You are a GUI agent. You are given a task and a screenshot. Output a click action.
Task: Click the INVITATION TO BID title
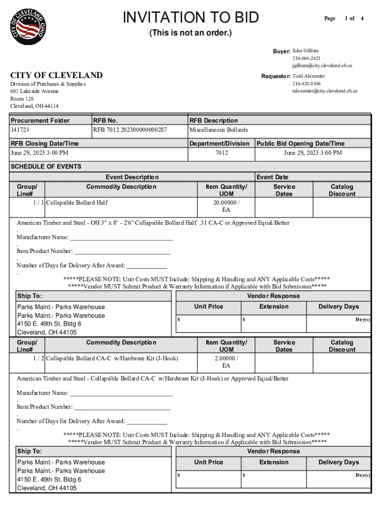click(190, 18)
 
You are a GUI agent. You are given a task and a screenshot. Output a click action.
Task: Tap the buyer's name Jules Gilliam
click(305, 51)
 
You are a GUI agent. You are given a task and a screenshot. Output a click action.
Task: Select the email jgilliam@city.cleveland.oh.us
click(322, 65)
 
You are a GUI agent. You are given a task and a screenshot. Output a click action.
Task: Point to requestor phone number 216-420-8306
click(306, 84)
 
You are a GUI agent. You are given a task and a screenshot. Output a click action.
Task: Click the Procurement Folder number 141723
click(20, 130)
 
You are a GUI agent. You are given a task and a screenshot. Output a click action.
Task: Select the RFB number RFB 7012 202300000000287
click(130, 130)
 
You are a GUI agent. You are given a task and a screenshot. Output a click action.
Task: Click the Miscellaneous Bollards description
click(219, 130)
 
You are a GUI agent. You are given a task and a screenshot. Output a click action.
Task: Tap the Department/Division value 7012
click(222, 153)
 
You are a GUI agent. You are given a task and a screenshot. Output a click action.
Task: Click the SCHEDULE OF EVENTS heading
click(46, 167)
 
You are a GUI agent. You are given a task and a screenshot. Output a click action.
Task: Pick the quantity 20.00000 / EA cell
click(226, 206)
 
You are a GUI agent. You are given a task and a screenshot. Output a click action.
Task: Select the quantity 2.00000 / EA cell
click(226, 362)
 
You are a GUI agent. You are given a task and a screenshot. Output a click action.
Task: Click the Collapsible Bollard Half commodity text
click(76, 203)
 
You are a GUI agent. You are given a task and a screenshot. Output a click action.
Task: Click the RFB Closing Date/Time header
click(44, 143)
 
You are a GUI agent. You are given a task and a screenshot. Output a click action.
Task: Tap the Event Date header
click(272, 177)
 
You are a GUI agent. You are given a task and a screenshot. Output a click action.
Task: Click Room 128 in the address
click(22, 99)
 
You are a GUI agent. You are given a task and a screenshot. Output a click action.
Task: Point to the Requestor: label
click(275, 77)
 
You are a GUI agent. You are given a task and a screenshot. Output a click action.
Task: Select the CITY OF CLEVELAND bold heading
click(57, 75)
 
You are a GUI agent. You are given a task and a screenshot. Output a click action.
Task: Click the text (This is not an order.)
click(190, 33)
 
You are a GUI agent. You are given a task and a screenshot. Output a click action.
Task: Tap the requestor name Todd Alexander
click(309, 76)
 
